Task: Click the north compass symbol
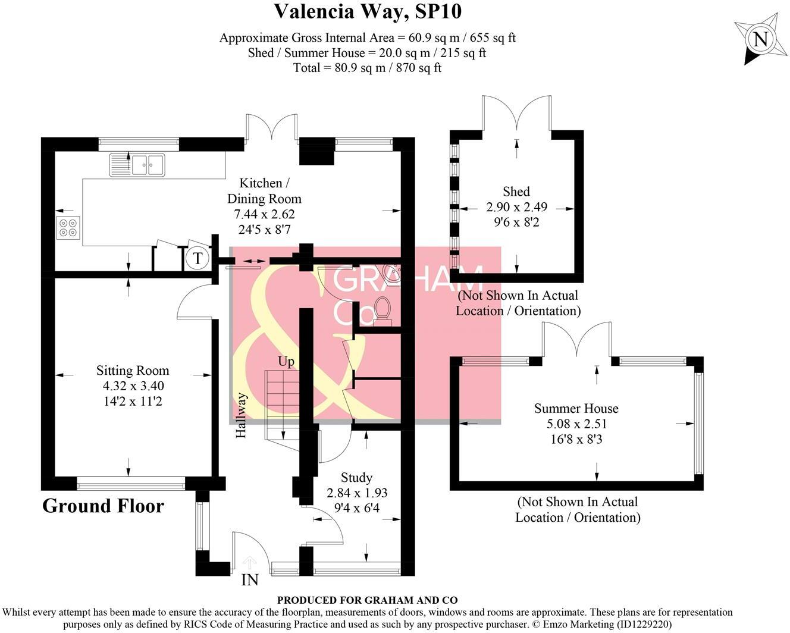coord(760,39)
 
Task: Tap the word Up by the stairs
coord(286,362)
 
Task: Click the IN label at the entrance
coord(250,579)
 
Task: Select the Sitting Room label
coord(133,371)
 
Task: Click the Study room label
coord(356,478)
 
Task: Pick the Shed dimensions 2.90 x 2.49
coord(516,207)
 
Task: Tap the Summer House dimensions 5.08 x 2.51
coord(576,424)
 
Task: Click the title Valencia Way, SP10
coord(368,11)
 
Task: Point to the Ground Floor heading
coord(103,506)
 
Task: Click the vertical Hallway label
coord(241,415)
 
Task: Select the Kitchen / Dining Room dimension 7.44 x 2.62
coord(264,214)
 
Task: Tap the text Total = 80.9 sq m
coord(367,68)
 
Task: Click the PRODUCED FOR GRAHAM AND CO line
coord(367,601)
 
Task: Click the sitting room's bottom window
coord(131,486)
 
